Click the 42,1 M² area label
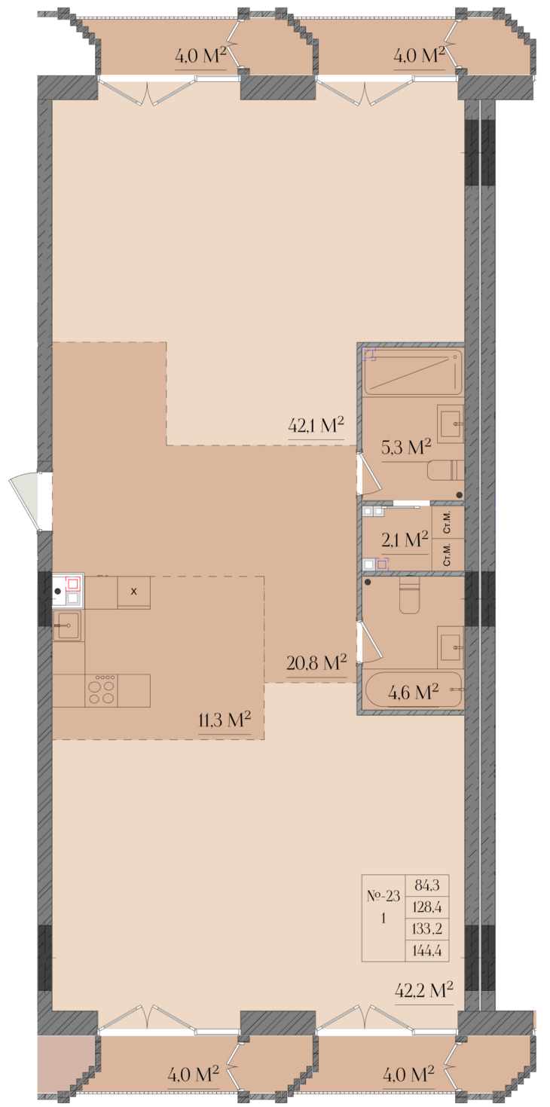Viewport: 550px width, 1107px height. click(x=316, y=426)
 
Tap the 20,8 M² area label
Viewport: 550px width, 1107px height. click(x=316, y=662)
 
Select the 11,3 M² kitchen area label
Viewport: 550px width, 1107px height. click(x=225, y=720)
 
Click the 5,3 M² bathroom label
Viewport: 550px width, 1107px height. click(x=406, y=448)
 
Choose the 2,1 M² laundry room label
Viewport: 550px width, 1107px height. click(x=405, y=540)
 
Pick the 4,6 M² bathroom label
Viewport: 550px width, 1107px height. click(x=413, y=692)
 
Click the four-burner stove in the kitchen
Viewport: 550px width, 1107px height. click(x=101, y=690)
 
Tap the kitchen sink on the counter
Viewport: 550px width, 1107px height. click(x=69, y=625)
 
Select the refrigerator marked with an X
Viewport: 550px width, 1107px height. click(x=133, y=592)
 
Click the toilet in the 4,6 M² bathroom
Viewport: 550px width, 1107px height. click(x=409, y=595)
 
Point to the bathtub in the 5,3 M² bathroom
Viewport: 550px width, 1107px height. click(x=413, y=372)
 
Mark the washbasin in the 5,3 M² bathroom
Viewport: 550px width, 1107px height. click(x=451, y=424)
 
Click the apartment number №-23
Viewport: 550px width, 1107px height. click(x=383, y=896)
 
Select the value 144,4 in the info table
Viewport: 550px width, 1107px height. click(x=427, y=950)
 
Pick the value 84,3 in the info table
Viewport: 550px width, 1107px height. click(x=427, y=885)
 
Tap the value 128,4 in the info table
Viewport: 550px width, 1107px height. click(x=427, y=907)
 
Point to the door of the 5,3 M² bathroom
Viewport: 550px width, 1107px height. click(x=368, y=474)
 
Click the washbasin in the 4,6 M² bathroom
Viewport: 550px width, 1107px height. click(x=451, y=644)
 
